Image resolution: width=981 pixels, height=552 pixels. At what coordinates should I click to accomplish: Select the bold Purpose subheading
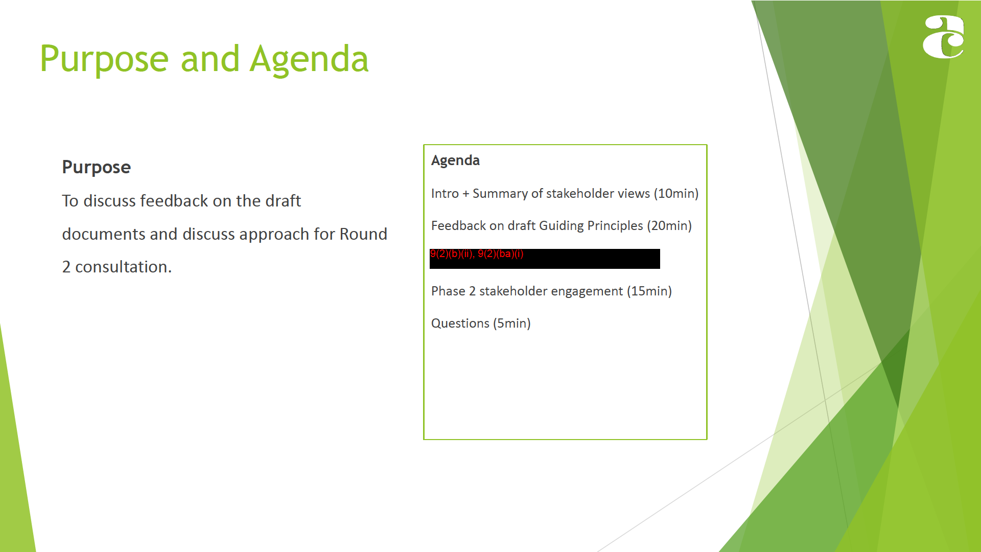96,168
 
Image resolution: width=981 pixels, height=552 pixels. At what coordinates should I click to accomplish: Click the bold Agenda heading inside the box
455,160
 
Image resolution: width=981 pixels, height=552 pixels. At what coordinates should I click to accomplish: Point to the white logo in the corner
943,37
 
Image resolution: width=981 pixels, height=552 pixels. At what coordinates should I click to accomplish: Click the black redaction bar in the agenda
545,259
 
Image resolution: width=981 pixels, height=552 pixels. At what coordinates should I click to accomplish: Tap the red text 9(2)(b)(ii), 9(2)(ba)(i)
477,254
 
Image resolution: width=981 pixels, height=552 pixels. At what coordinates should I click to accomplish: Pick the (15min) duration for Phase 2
649,291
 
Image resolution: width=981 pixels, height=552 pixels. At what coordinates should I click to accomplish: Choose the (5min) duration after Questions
512,324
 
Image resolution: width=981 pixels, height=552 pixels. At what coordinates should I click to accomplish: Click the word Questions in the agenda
460,324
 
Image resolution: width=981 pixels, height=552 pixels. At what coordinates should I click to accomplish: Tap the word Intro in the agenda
445,194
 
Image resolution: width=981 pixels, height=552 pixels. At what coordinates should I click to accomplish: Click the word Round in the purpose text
363,234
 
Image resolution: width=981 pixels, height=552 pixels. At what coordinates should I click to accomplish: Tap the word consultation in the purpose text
123,267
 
